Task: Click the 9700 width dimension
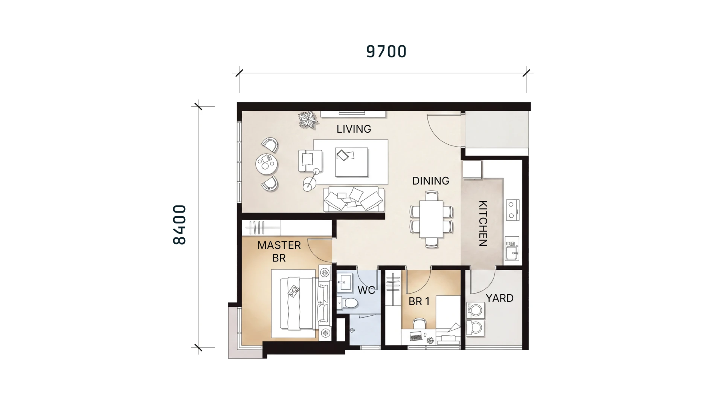coord(386,52)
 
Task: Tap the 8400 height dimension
coord(180,225)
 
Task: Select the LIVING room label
coord(354,129)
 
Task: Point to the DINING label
coord(430,181)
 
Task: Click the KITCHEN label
coord(483,223)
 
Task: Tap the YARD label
coord(499,298)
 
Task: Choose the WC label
coord(366,290)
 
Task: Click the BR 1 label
coord(419,301)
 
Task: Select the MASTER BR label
coord(279,251)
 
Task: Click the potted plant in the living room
coord(308,120)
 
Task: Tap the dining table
coord(431,219)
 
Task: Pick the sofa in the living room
coord(354,199)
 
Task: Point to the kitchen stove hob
coord(513,210)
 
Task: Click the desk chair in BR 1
coord(419,323)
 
